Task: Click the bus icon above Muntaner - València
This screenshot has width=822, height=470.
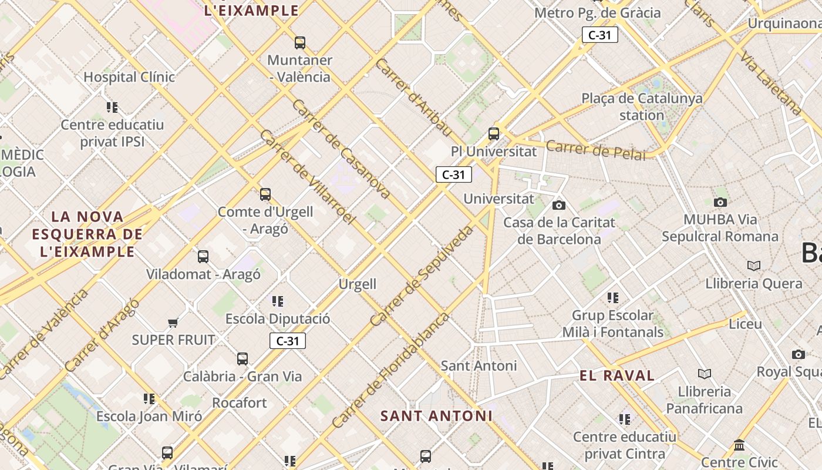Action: pyautogui.click(x=300, y=42)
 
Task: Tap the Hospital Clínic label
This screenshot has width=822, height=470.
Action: pyautogui.click(x=129, y=77)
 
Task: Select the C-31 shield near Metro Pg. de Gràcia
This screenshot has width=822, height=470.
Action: pyautogui.click(x=600, y=35)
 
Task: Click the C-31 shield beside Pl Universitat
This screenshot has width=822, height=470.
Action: pyautogui.click(x=453, y=174)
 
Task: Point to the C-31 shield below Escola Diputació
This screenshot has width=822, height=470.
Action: pyautogui.click(x=288, y=341)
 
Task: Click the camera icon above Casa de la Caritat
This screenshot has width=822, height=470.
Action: pyautogui.click(x=559, y=205)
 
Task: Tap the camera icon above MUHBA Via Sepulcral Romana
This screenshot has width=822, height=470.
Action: pyautogui.click(x=720, y=202)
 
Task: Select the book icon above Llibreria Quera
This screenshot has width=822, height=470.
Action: pyautogui.click(x=754, y=266)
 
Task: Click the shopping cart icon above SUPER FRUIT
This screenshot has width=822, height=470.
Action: pyautogui.click(x=173, y=322)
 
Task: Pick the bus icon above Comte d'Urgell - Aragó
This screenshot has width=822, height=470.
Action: pyautogui.click(x=265, y=194)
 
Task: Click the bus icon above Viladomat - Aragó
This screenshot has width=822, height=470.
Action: pyautogui.click(x=203, y=256)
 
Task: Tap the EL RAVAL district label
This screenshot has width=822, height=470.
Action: pyautogui.click(x=616, y=376)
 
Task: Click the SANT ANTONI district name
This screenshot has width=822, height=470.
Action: pyautogui.click(x=436, y=416)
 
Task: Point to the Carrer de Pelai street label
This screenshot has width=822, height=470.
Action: pyautogui.click(x=595, y=150)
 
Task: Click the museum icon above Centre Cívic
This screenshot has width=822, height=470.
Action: pyautogui.click(x=739, y=445)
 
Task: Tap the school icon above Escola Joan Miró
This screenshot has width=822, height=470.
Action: pyautogui.click(x=149, y=399)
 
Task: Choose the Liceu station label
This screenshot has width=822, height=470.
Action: pyautogui.click(x=745, y=324)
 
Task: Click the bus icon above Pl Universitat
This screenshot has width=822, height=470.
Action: pyautogui.click(x=494, y=133)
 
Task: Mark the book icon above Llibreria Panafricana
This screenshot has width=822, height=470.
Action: pyautogui.click(x=705, y=374)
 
